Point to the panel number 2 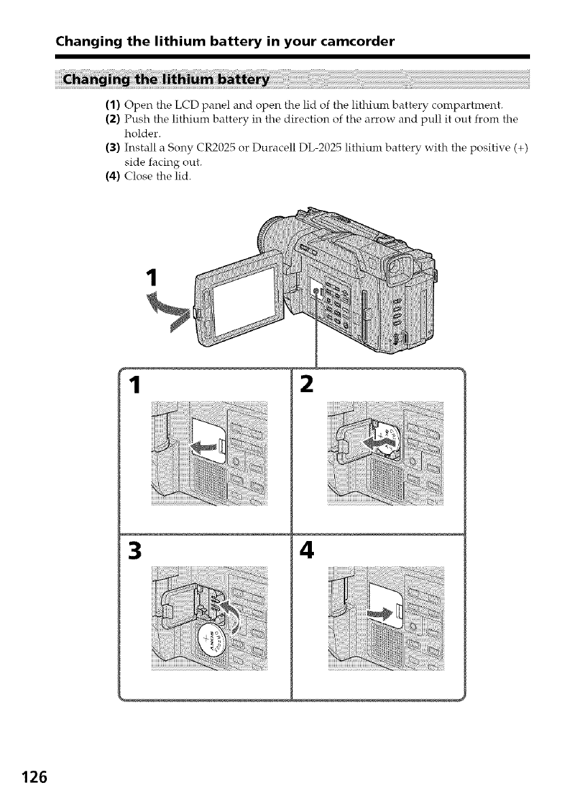coord(306,385)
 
